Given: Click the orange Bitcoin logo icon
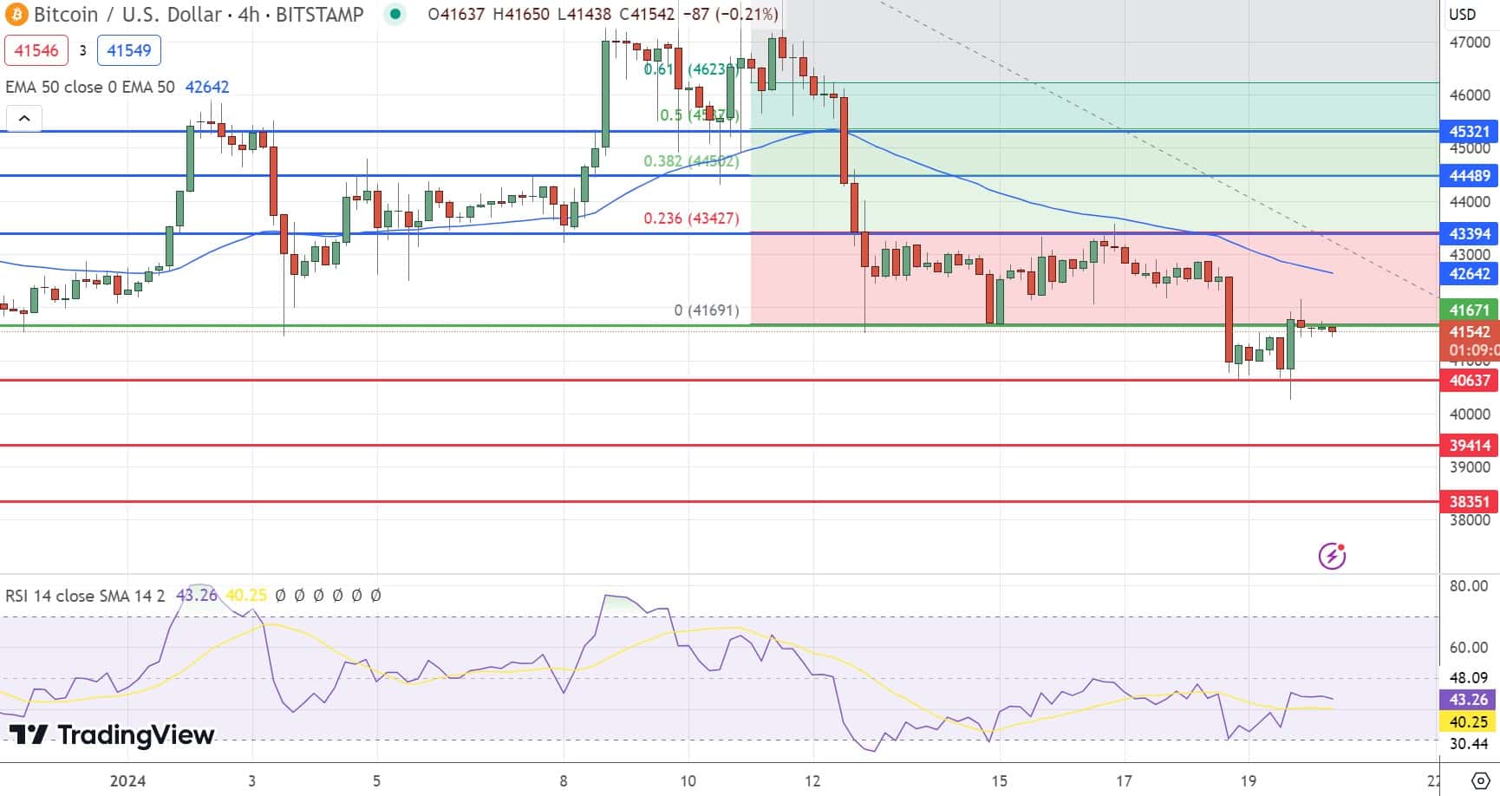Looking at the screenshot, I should [16, 15].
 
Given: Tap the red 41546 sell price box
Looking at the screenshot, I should [36, 50].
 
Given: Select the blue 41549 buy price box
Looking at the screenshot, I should [129, 50].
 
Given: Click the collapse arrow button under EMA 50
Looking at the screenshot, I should [24, 119].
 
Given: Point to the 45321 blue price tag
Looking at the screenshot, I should [1470, 132].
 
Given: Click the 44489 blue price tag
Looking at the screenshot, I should [1470, 176].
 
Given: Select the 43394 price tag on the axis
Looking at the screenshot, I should [1470, 234].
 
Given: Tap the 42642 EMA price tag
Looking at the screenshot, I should [1470, 274].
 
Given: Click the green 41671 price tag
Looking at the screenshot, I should [1470, 310].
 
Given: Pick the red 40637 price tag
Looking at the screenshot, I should [1470, 381].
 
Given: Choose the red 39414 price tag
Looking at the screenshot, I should [1470, 446].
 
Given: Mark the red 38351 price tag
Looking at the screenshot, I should [1470, 502].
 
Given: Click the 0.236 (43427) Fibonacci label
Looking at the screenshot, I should [691, 219].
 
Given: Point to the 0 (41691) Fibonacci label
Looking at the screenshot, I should [707, 310].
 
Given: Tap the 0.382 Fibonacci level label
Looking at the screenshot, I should [690, 161].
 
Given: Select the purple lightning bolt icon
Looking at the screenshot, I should [1332, 555].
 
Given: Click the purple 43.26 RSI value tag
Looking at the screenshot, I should [1468, 700].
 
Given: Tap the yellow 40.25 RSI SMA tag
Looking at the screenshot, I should [1468, 721].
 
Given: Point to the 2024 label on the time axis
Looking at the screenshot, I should [127, 781].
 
